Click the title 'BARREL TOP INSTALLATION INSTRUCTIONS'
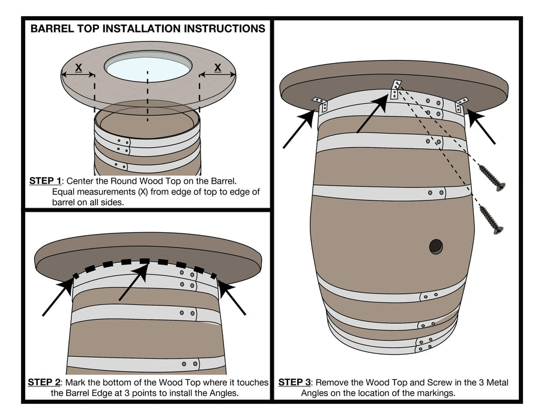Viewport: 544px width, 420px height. [x=148, y=28]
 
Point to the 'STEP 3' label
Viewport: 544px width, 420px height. [x=294, y=382]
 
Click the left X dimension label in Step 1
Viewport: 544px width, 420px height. [x=78, y=68]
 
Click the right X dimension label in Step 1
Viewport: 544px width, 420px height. [x=217, y=68]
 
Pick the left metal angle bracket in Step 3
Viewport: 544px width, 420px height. [x=319, y=104]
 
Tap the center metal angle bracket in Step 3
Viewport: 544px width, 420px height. [x=395, y=89]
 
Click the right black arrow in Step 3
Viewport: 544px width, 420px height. [x=482, y=127]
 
